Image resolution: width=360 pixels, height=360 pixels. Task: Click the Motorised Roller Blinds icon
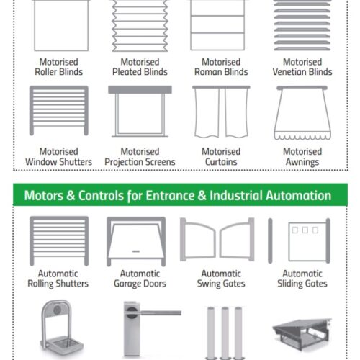click(61, 25)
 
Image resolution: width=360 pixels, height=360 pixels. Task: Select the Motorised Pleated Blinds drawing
click(140, 26)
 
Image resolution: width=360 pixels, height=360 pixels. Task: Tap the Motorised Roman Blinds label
click(221, 67)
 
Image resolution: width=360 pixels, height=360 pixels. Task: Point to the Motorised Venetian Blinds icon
click(302, 25)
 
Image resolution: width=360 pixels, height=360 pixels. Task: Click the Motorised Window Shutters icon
click(59, 111)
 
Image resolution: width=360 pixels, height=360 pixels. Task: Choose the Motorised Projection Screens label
click(140, 157)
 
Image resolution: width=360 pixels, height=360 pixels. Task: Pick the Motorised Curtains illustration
click(221, 112)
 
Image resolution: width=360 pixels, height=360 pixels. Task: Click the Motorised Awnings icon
click(302, 113)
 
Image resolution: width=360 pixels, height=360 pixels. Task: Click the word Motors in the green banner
click(44, 195)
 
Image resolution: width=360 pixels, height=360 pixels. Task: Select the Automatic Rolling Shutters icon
click(59, 241)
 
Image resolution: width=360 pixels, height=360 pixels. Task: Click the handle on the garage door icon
click(136, 251)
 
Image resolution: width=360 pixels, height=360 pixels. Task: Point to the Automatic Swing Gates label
click(221, 279)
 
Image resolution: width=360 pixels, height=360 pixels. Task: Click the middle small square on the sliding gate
click(305, 230)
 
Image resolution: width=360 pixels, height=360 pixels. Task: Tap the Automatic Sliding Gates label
click(302, 279)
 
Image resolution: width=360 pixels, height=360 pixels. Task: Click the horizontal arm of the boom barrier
click(160, 312)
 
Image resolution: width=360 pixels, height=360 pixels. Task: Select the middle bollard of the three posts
click(225, 333)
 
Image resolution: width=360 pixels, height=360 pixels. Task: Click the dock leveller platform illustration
click(302, 333)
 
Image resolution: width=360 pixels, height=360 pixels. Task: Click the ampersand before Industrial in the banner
click(202, 195)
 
